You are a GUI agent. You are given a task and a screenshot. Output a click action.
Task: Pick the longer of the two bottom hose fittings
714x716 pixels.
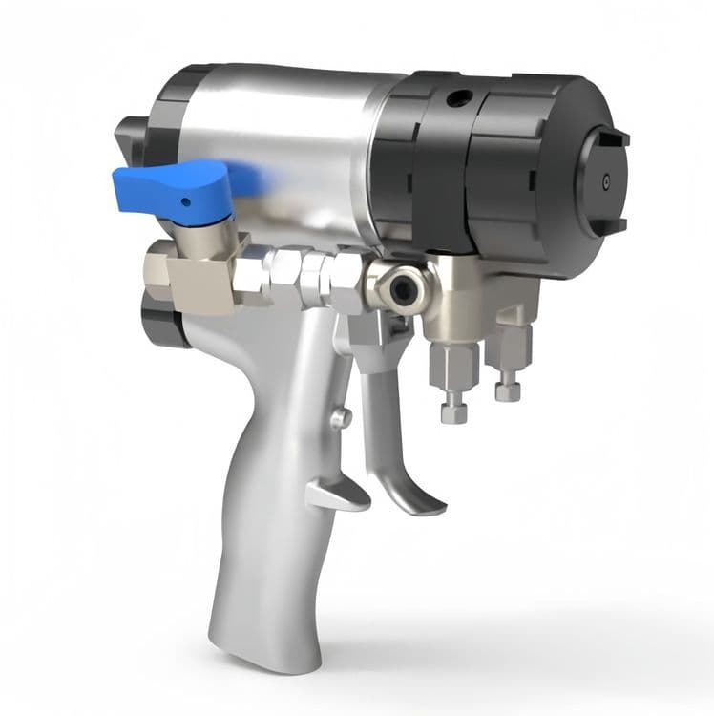pyautogui.click(x=450, y=382)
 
